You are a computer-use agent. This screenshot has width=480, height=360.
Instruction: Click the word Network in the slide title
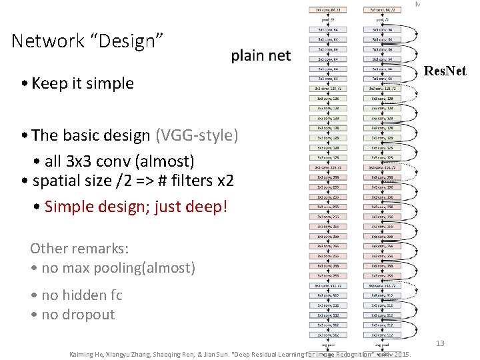(46, 41)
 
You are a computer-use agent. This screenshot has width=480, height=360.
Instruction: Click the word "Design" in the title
(133, 41)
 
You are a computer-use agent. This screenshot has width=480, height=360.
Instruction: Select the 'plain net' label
(261, 55)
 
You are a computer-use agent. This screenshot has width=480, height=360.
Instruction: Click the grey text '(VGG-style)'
(197, 135)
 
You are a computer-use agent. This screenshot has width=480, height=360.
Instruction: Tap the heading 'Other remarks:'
(79, 249)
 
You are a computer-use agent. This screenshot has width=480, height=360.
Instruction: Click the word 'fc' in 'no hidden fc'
(116, 295)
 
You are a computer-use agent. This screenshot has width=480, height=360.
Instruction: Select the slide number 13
(440, 343)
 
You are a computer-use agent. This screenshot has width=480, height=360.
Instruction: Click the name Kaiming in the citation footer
(81, 354)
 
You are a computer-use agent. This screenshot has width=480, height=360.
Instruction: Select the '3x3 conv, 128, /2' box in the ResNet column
(381, 88)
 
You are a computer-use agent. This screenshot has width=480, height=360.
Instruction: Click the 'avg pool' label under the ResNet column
(381, 345)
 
